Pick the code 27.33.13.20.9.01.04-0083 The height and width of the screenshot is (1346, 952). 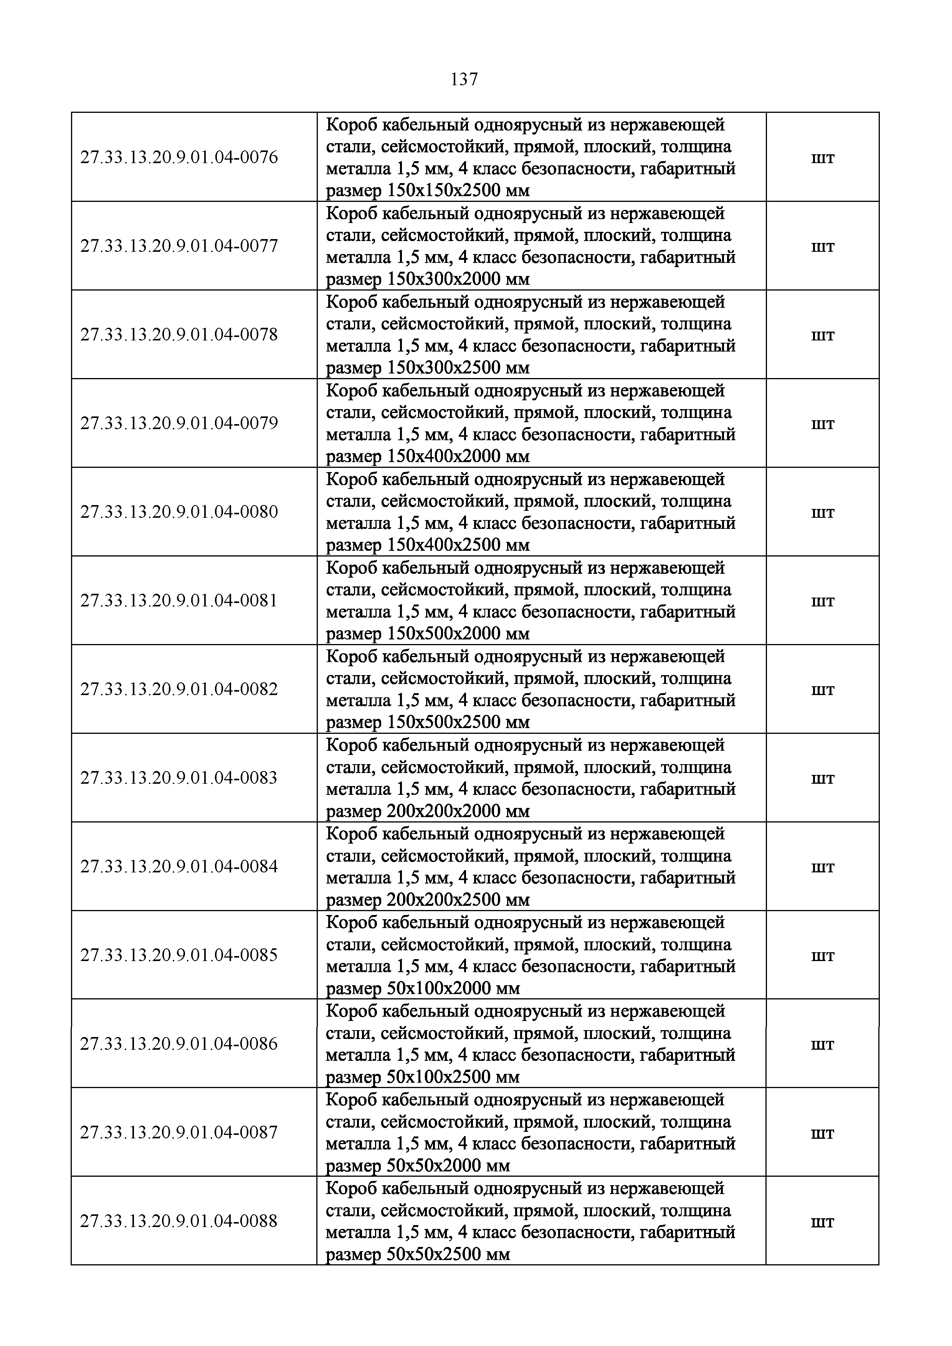[179, 777]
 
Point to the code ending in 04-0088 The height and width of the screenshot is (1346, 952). [179, 1220]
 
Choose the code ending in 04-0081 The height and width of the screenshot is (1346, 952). [179, 600]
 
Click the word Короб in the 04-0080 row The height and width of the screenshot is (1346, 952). [351, 479]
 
